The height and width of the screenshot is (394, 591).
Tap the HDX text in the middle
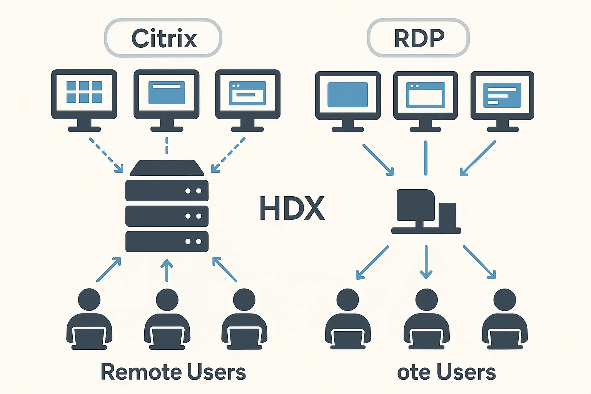click(x=292, y=208)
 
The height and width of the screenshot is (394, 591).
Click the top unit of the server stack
click(x=167, y=190)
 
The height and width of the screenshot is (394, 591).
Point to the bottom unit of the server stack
click(x=167, y=241)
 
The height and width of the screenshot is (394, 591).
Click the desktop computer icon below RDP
click(x=426, y=212)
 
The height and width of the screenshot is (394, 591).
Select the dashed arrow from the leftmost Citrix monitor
click(x=106, y=155)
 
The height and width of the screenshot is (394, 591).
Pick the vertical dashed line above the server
click(x=167, y=145)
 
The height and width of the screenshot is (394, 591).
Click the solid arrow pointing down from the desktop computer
click(x=426, y=262)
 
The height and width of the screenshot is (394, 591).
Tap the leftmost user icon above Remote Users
click(x=89, y=319)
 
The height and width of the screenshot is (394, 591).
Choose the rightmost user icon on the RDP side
click(x=504, y=319)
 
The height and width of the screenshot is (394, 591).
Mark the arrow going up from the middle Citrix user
click(x=167, y=270)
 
